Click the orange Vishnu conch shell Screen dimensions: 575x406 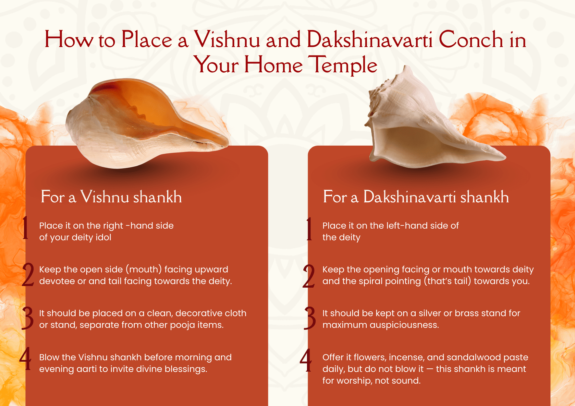(x=147, y=124)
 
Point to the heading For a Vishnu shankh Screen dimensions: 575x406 (x=111, y=197)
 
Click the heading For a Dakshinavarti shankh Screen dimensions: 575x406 (x=416, y=197)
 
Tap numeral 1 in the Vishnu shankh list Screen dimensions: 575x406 (x=25, y=228)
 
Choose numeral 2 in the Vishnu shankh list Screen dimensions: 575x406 (x=28, y=275)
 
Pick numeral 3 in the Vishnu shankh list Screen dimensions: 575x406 (x=28, y=318)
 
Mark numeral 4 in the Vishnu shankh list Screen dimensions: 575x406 (x=26, y=359)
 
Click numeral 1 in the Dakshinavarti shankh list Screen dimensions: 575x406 (x=309, y=229)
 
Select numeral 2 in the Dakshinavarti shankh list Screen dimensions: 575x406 (x=309, y=276)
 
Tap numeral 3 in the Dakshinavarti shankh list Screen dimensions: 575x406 (x=310, y=318)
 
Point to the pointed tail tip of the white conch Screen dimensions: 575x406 (x=505, y=158)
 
